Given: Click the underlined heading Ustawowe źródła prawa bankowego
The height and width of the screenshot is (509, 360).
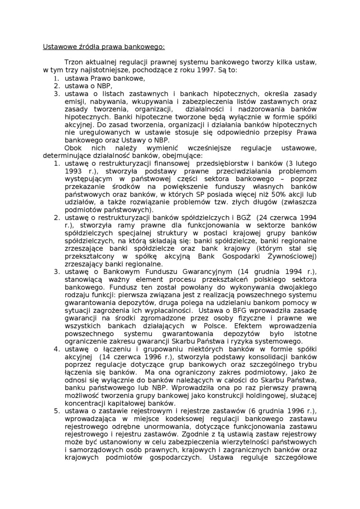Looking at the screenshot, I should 104,47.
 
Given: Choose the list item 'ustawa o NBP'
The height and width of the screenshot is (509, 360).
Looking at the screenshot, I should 89,86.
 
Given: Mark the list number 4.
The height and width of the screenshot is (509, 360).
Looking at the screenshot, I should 56,349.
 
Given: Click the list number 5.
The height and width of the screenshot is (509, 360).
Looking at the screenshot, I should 56,411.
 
